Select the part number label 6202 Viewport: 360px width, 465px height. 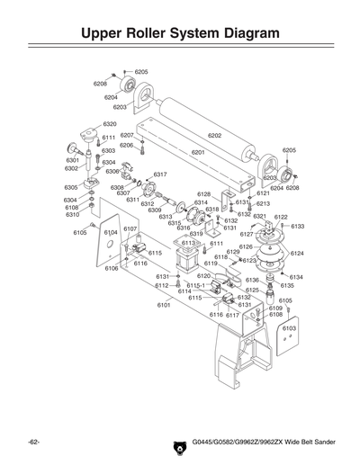click(x=214, y=135)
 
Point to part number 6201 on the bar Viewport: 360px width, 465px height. click(x=198, y=152)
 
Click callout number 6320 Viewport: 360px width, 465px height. click(x=109, y=123)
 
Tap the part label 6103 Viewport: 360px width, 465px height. click(x=288, y=328)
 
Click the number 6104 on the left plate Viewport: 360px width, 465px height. click(x=111, y=232)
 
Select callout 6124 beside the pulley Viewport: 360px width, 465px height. click(x=296, y=254)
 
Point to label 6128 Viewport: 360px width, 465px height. click(x=203, y=194)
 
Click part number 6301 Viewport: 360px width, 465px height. click(x=73, y=159)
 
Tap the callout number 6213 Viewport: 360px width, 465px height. click(x=263, y=203)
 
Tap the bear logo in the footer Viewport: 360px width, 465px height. click(x=177, y=444)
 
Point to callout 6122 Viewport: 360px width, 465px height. click(x=280, y=217)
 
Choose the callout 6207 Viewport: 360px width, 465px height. click(x=127, y=135)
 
